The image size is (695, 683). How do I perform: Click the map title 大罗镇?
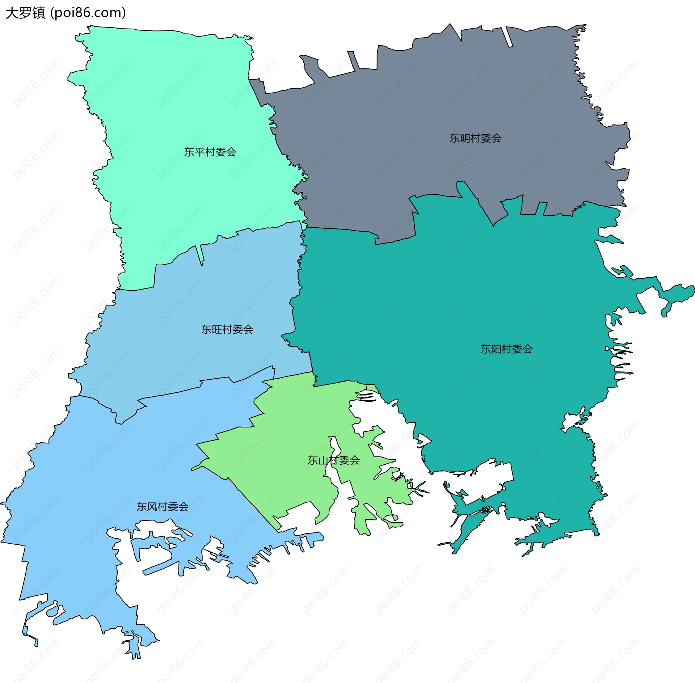(25, 13)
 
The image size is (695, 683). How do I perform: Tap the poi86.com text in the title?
(88, 13)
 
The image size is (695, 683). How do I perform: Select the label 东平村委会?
(210, 152)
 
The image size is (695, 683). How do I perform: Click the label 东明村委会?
(475, 138)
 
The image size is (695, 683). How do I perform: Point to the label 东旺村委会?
(227, 329)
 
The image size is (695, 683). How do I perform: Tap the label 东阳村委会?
(506, 349)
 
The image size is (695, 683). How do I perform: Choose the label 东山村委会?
(333, 460)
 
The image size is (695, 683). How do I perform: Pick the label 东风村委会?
(163, 507)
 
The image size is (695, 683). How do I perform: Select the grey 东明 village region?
(434, 90)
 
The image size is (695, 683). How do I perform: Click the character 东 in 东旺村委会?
(206, 329)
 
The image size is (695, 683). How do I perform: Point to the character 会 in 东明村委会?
(496, 138)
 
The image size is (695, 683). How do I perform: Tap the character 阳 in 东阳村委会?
(496, 349)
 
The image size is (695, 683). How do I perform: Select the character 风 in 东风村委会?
(152, 507)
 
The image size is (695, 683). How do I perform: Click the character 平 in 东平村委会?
(199, 152)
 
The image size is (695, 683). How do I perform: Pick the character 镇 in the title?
(39, 13)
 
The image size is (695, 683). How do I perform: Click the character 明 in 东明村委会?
(465, 138)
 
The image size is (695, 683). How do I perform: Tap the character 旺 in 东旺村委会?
(217, 329)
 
